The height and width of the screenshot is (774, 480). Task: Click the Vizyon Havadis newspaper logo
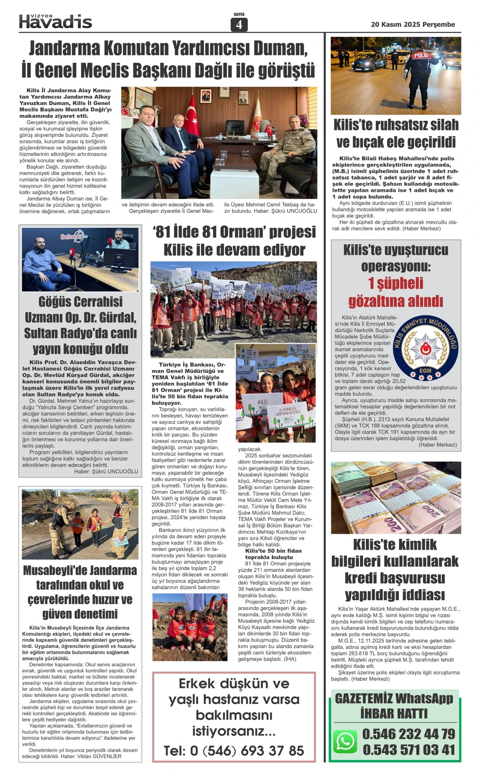pos(55,22)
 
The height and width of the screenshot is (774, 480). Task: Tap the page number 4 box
pos(239,25)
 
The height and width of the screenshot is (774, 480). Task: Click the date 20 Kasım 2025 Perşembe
pos(412,25)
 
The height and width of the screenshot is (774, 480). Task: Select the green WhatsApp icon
pos(345,741)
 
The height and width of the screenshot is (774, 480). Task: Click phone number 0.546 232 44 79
pos(408,734)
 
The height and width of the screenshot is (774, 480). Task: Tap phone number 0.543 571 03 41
pos(408,750)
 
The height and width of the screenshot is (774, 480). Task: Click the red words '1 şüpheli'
pos(396,284)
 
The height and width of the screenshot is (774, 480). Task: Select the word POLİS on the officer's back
pos(421,55)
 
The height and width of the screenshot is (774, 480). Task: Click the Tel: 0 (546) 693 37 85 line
pos(234,750)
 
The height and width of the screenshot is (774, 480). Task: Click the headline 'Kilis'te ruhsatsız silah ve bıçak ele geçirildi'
pos(396,133)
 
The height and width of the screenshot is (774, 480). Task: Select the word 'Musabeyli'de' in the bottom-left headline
pos(52,571)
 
